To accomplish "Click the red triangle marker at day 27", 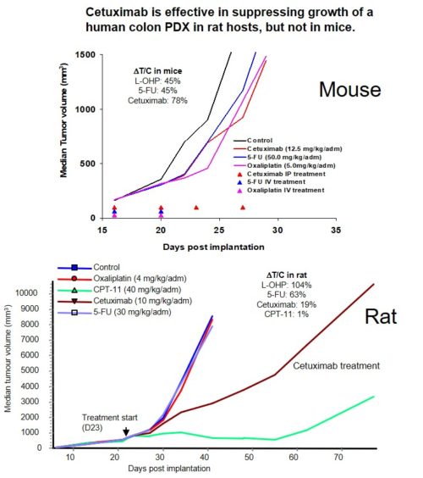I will pos(243,207).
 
